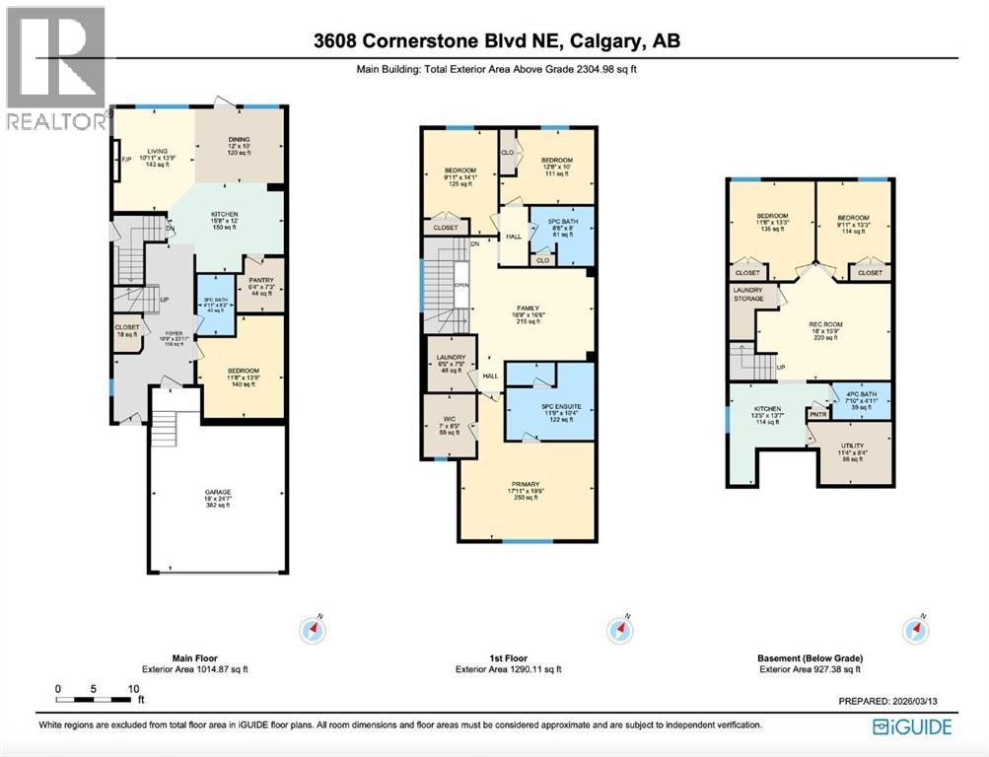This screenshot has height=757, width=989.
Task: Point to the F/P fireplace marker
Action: [x=125, y=160]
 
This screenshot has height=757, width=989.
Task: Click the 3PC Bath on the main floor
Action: [x=215, y=305]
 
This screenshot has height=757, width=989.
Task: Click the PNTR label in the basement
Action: [x=817, y=415]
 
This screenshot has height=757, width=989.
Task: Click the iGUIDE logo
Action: [x=912, y=726]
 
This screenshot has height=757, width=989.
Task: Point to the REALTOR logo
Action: [x=55, y=69]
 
